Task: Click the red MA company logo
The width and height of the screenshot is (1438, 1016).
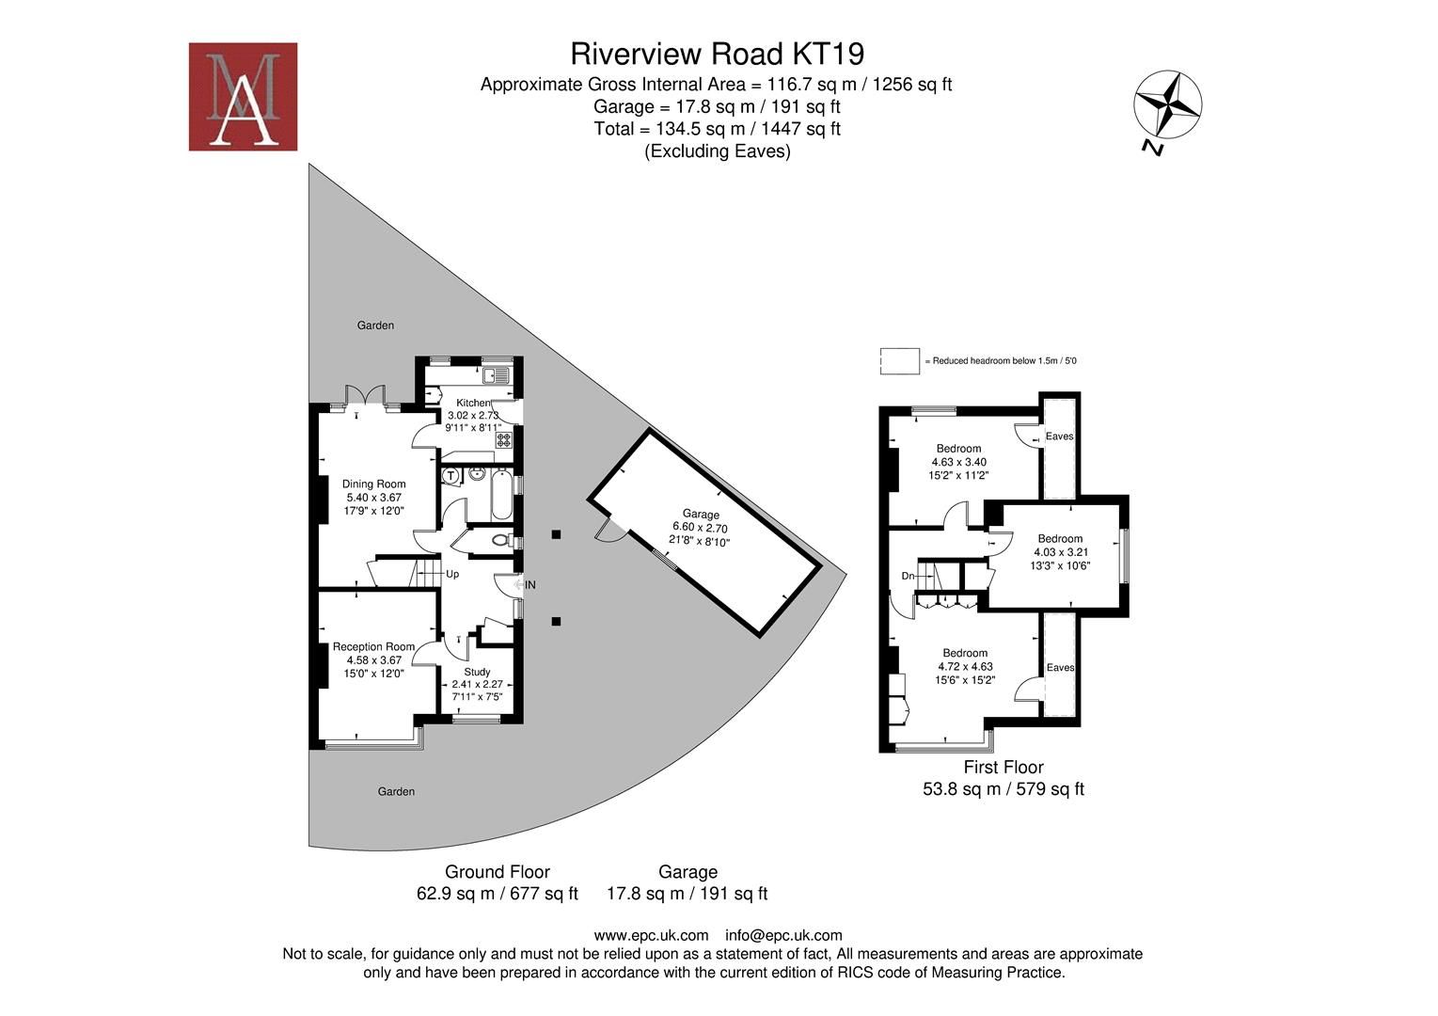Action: point(243,97)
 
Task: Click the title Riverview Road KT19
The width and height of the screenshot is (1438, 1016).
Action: point(718,53)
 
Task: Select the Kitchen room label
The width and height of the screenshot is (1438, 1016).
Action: point(473,403)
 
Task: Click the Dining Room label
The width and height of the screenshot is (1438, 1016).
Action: point(373,484)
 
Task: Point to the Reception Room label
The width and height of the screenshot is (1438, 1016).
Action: point(373,647)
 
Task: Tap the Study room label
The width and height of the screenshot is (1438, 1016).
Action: point(477,673)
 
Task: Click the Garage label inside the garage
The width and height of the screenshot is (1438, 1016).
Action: point(701,515)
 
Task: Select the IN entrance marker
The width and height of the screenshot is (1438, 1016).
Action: point(529,585)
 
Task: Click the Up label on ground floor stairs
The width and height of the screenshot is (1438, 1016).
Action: point(452,574)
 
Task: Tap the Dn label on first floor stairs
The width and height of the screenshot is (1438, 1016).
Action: point(908,576)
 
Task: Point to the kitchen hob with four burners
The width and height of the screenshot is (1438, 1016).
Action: point(504,438)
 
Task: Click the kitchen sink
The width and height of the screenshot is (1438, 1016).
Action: point(496,376)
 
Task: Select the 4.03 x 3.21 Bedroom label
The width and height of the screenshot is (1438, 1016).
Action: point(1059,539)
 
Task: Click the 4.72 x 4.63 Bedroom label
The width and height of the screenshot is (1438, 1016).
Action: point(965,653)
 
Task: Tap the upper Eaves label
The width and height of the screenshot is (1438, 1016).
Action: point(1059,437)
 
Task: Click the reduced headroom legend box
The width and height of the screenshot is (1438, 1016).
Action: point(899,361)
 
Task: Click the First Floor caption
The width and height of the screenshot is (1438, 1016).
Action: point(1003,768)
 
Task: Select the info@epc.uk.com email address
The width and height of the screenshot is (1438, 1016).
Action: point(783,935)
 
